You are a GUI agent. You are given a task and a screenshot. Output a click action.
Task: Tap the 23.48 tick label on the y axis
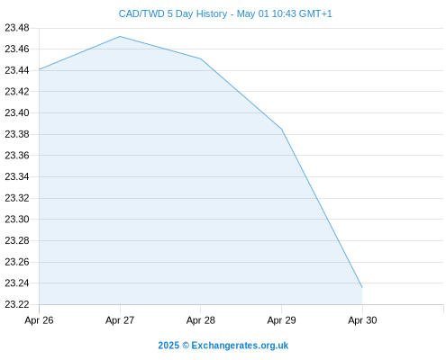pyautogui.click(x=17, y=28)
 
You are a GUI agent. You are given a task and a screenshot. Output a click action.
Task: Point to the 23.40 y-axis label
pyautogui.click(x=17, y=112)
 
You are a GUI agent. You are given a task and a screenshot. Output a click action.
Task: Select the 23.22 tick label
pyautogui.click(x=17, y=304)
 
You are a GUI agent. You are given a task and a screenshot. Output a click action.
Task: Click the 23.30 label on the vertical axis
pyautogui.click(x=17, y=219)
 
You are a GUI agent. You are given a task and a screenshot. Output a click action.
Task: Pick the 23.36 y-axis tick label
pyautogui.click(x=17, y=156)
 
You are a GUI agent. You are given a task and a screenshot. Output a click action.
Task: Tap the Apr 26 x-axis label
pyautogui.click(x=39, y=320)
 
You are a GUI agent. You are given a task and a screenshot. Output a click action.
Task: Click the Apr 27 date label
pyautogui.click(x=120, y=320)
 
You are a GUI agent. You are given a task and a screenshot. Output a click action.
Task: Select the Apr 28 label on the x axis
pyautogui.click(x=201, y=320)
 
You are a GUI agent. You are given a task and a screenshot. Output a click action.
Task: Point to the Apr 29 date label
pyautogui.click(x=281, y=320)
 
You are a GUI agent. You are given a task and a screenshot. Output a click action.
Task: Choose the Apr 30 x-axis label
pyautogui.click(x=362, y=320)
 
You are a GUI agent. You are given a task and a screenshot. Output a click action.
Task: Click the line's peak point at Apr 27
pyautogui.click(x=120, y=36)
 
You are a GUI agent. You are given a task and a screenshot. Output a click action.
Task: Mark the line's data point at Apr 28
pyautogui.click(x=201, y=58)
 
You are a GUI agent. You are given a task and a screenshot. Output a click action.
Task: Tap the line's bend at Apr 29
pyautogui.click(x=281, y=129)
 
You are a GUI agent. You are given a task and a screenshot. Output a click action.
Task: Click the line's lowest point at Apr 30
pyautogui.click(x=362, y=287)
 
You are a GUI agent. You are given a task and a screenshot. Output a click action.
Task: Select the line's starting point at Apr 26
pyautogui.click(x=39, y=69)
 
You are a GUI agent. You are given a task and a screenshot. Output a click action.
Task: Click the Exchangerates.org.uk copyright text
pyautogui.click(x=223, y=346)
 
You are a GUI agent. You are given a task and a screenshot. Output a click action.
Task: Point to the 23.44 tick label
pyautogui.click(x=17, y=70)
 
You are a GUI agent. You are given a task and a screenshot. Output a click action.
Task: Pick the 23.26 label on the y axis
pyautogui.click(x=17, y=262)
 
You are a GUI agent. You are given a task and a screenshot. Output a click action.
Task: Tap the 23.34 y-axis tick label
pyautogui.click(x=17, y=176)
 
